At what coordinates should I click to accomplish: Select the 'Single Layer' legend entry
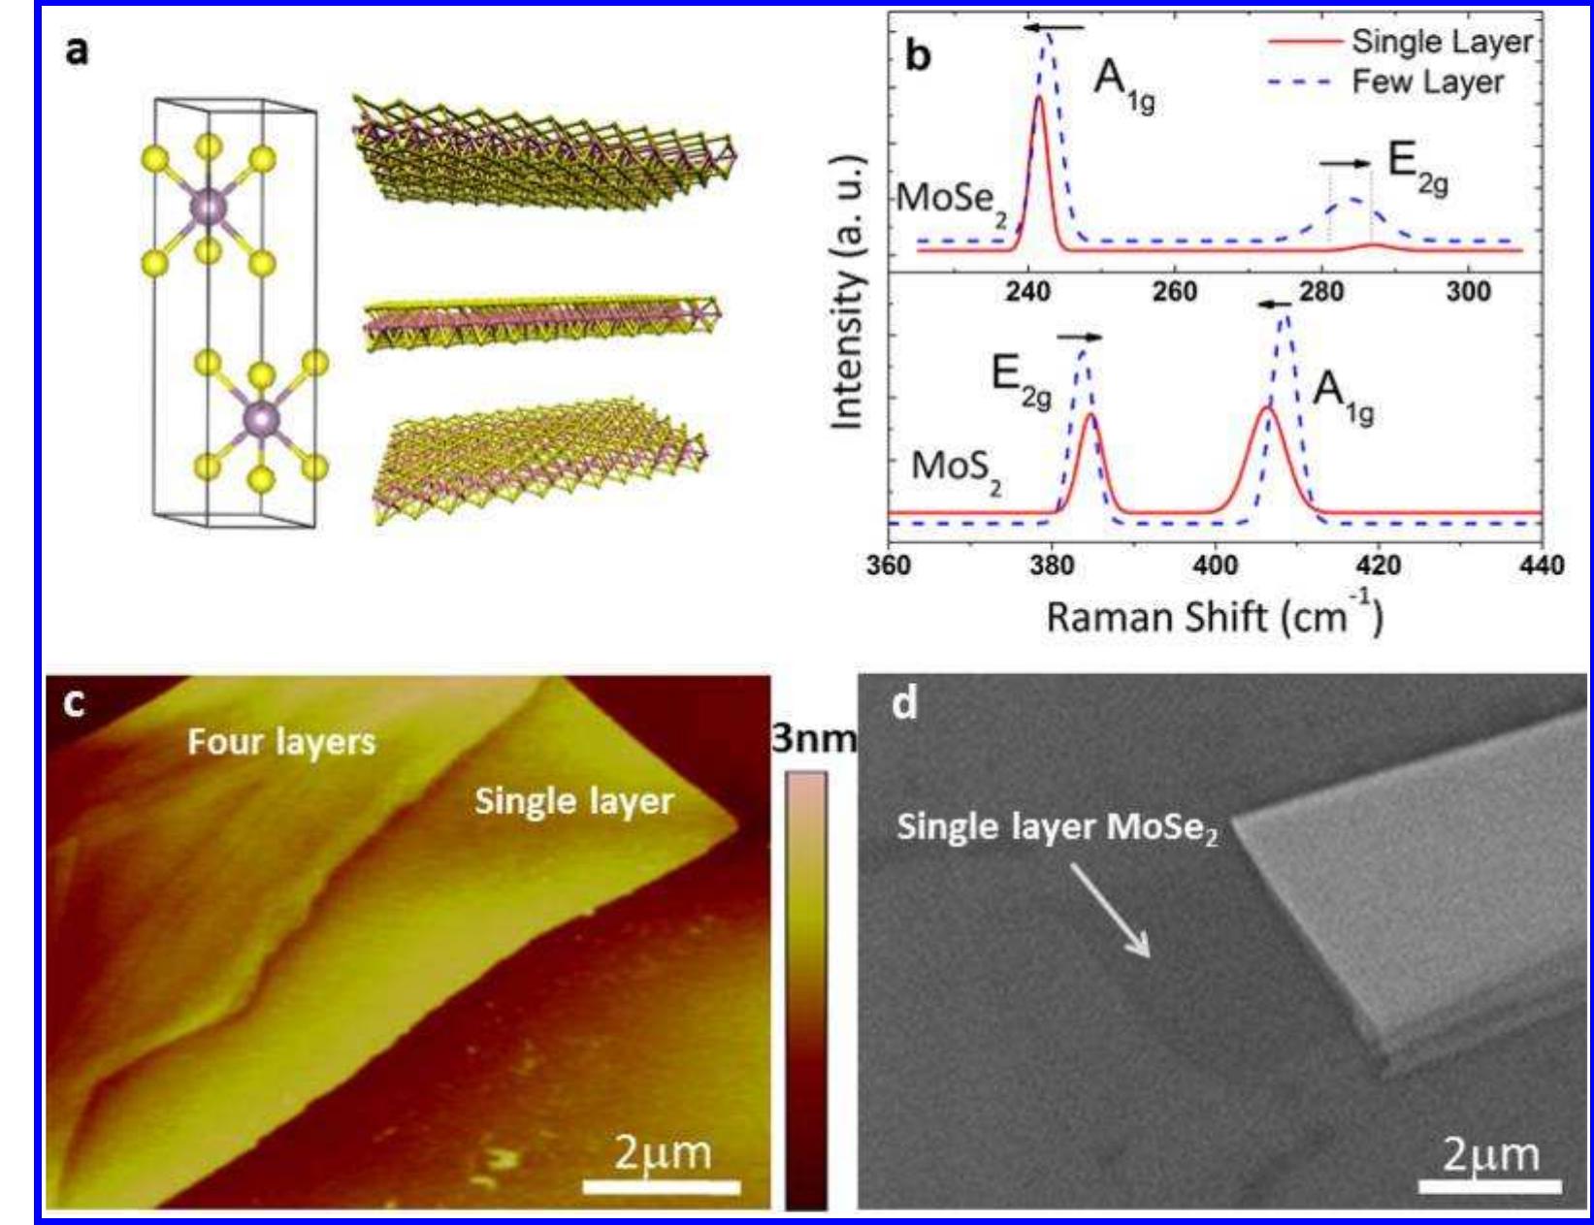(1441, 42)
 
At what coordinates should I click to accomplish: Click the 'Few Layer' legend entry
(1427, 82)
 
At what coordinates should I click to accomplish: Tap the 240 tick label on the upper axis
(1026, 291)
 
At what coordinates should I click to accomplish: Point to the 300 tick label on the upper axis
(1467, 291)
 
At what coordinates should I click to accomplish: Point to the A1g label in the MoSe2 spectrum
(1123, 81)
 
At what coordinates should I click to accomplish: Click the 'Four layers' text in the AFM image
(281, 742)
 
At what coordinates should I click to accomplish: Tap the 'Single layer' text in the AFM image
(573, 801)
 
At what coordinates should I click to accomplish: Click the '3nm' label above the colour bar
(813, 739)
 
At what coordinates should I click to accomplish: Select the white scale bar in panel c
(662, 1186)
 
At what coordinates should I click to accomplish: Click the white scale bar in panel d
(1489, 1185)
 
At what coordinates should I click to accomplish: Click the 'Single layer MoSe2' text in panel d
(1057, 827)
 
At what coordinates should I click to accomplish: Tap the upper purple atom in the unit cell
(209, 207)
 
